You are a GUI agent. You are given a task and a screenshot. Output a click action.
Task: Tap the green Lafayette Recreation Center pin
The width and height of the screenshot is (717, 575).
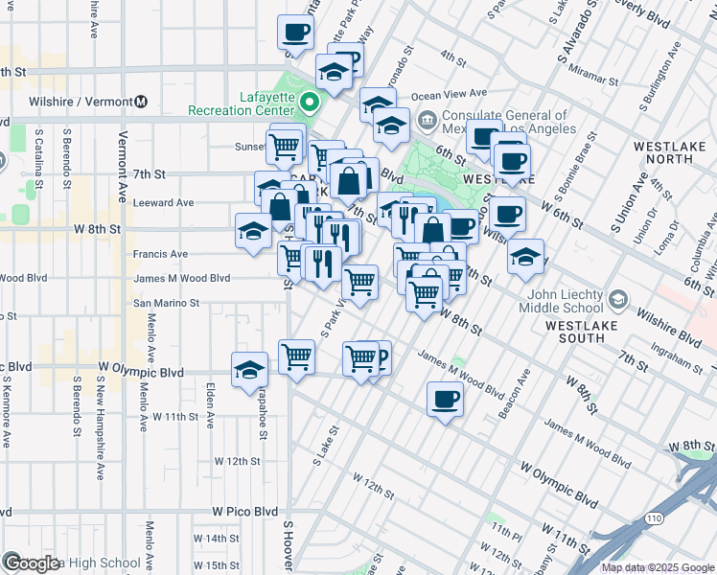(x=310, y=102)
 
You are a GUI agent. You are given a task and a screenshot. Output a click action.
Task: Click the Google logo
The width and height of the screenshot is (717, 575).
(x=32, y=563)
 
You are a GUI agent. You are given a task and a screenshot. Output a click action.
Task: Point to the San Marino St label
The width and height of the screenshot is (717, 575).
(x=165, y=302)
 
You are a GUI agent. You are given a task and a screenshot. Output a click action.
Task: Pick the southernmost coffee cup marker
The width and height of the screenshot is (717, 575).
(x=445, y=399)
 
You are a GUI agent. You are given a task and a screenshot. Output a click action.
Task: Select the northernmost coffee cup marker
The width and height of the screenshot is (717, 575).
(x=295, y=33)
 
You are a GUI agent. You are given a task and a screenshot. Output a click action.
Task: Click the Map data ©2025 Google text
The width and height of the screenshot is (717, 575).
(x=658, y=567)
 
